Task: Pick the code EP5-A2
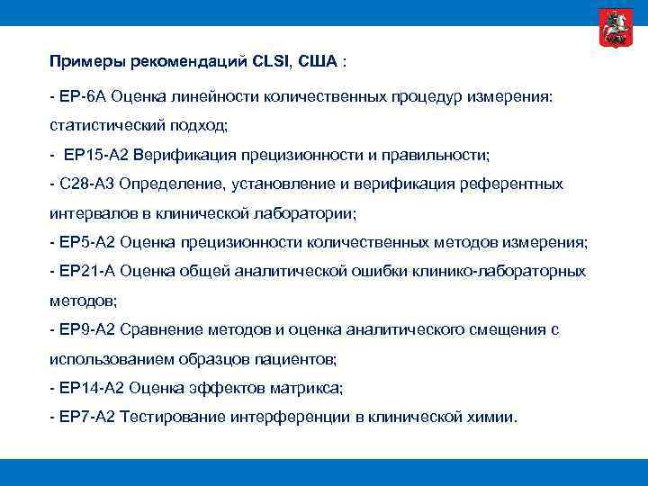coord(87,242)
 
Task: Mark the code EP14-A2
coord(91,388)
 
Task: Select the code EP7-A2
coord(87,418)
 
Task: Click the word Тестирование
coord(174,418)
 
